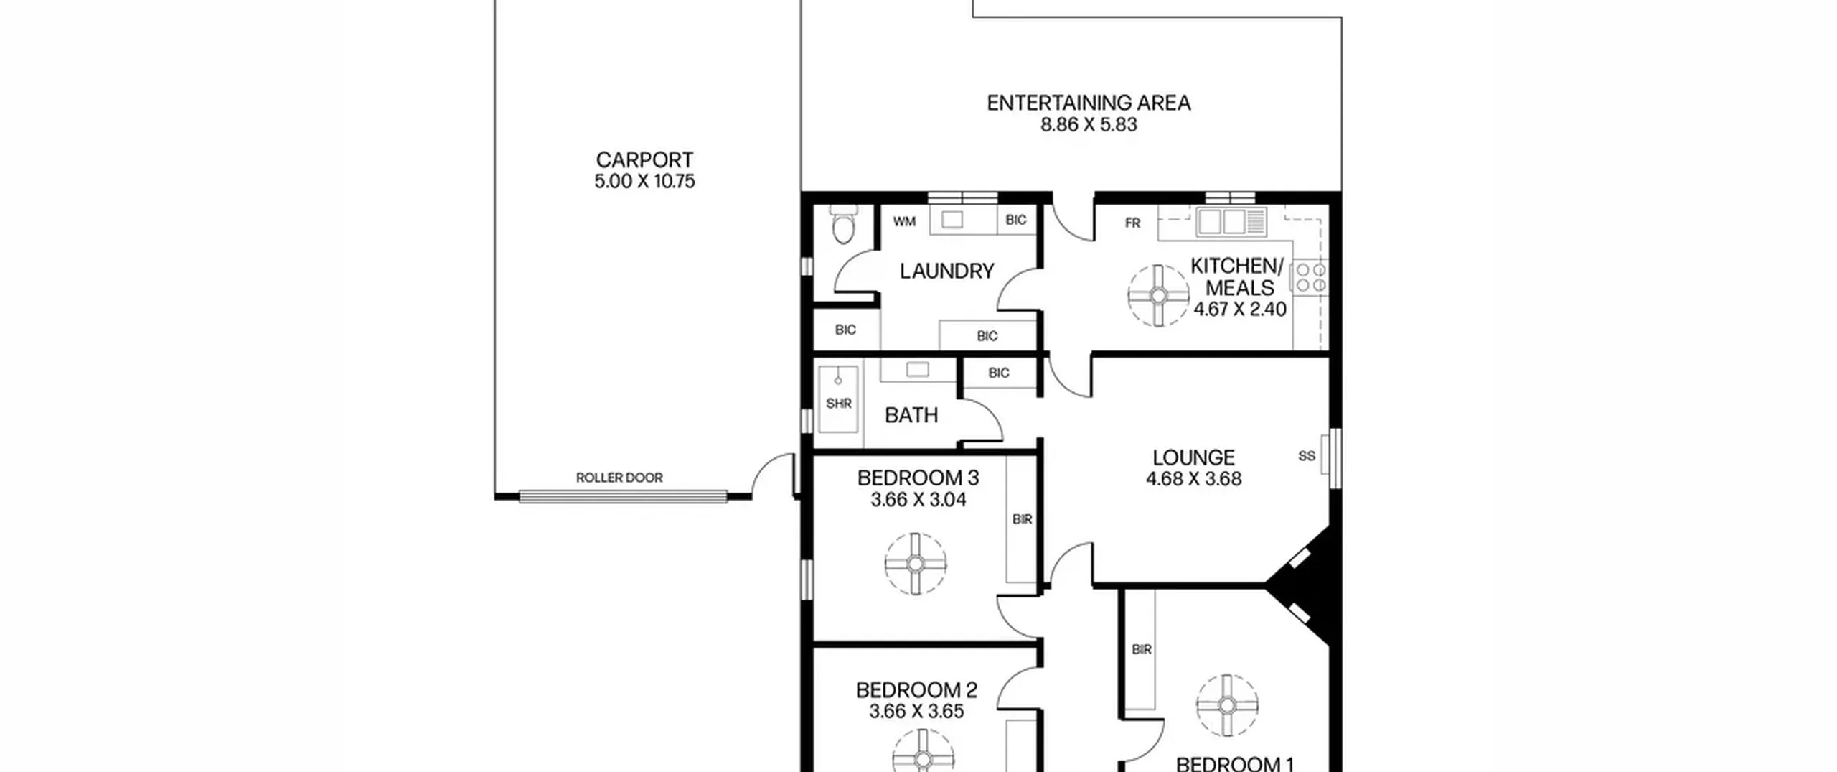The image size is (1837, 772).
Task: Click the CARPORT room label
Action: click(644, 159)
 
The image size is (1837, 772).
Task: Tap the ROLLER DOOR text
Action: click(619, 478)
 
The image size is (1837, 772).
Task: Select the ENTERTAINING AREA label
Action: click(1089, 103)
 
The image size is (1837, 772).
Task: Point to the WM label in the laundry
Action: click(904, 222)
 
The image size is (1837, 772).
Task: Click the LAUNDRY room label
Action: click(946, 271)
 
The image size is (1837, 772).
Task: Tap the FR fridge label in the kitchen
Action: click(1132, 223)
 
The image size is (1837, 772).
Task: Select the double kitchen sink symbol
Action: click(1231, 221)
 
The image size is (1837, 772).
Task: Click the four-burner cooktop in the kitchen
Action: click(1310, 278)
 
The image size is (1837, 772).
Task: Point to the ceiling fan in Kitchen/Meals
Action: click(1158, 296)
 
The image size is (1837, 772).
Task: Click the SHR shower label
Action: click(838, 404)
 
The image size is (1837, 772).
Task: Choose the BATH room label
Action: click(911, 415)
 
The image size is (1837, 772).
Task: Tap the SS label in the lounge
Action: click(1307, 456)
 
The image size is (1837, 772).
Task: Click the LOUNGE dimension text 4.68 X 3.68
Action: click(1193, 479)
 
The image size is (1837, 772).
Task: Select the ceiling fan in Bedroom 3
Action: click(916, 564)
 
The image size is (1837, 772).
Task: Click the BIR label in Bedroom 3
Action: click(1022, 519)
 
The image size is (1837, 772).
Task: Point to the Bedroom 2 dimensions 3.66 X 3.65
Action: click(916, 712)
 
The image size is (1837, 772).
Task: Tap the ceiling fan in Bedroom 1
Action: click(1227, 705)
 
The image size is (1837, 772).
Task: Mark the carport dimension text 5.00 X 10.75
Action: click(644, 182)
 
